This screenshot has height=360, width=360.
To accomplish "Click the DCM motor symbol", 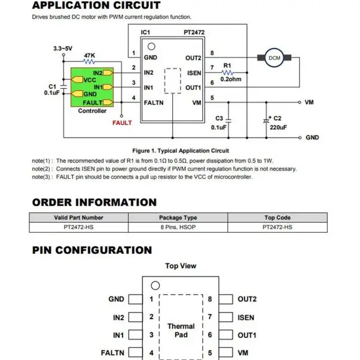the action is [x=274, y=58].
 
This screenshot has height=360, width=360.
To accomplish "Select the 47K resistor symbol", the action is [x=89, y=62].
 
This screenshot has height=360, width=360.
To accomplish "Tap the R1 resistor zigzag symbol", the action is [x=227, y=73].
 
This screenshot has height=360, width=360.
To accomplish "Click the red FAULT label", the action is [x=122, y=123].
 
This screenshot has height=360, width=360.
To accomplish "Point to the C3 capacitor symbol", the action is [x=229, y=120].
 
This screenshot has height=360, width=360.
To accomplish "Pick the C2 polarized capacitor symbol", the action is [x=266, y=121].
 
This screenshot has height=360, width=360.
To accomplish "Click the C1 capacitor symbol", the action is [x=64, y=87].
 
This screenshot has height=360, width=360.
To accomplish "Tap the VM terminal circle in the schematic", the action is [x=299, y=103].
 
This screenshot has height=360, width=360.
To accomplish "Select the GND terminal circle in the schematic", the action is [x=300, y=138].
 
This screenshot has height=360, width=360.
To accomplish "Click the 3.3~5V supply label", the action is [x=62, y=49].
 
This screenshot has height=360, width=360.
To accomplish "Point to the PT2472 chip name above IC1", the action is [x=194, y=32].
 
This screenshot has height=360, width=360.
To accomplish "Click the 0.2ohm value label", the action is [x=231, y=79].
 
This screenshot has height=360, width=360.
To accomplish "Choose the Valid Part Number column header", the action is [x=79, y=218].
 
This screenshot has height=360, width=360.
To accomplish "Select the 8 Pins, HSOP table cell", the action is [x=178, y=227].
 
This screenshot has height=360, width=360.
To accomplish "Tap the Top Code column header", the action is [x=277, y=218].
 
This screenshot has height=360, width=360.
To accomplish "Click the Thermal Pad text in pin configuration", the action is [x=181, y=331].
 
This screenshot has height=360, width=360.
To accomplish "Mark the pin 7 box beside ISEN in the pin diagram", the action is [x=226, y=317].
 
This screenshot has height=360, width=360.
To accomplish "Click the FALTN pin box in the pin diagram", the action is [x=136, y=352].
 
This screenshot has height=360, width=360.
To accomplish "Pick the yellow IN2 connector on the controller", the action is [x=108, y=73].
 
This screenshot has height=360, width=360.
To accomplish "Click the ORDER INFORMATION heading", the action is [x=94, y=202].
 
